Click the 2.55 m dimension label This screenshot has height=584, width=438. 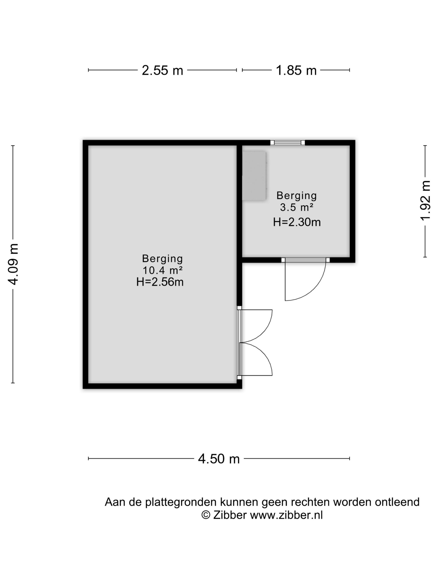(x=162, y=70)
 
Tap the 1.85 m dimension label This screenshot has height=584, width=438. (x=296, y=70)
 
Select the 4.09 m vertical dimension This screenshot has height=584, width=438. (x=13, y=264)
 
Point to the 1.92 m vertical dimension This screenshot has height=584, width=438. (x=425, y=200)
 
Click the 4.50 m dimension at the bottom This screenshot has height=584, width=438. (x=219, y=459)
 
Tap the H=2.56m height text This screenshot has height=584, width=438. (x=160, y=282)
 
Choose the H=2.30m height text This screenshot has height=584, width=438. (x=297, y=222)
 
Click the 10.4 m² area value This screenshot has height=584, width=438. (x=162, y=270)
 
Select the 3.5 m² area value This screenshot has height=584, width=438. (x=297, y=208)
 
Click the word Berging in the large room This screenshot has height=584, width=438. (x=162, y=258)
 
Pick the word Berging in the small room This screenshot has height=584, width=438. (x=297, y=196)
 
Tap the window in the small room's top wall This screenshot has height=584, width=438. (x=287, y=143)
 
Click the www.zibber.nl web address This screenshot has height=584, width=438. (x=286, y=515)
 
